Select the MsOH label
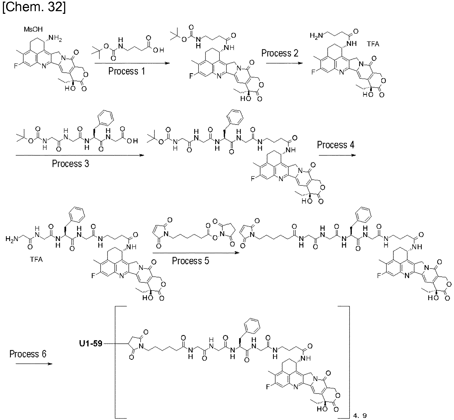pos(33,29)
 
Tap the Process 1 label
pos(127,71)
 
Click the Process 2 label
pos(280,53)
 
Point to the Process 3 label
pos(70,163)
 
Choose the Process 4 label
pos(336,145)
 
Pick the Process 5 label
pos(191,261)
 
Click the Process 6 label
pos(28,354)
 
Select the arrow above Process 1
pos(132,63)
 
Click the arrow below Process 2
pos(284,63)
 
